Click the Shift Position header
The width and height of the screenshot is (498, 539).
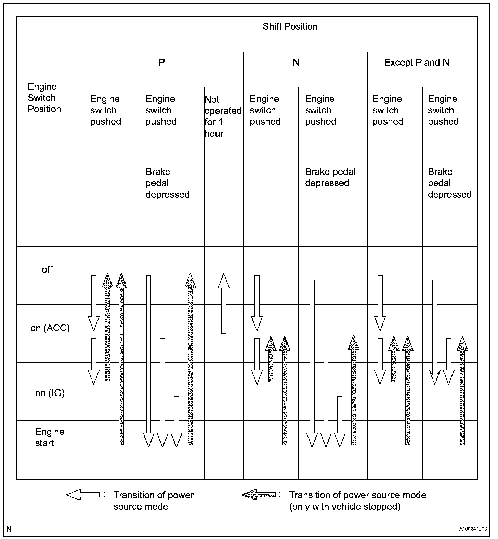tap(290, 27)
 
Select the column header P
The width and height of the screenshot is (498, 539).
tap(162, 63)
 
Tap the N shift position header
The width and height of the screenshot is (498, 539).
tap(296, 63)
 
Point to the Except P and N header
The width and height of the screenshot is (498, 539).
tap(417, 63)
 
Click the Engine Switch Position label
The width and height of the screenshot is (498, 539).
tap(44, 98)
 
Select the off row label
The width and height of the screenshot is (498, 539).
tap(47, 270)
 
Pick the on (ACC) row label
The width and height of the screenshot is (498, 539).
tap(50, 328)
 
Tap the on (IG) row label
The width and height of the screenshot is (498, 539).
tap(50, 393)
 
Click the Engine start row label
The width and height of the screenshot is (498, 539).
tap(50, 438)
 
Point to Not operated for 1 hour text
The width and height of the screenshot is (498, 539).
tap(223, 116)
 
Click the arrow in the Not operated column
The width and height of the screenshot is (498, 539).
tap(224, 303)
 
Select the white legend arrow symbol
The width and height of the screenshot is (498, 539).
tap(83, 495)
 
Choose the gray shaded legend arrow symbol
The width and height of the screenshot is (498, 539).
tap(259, 495)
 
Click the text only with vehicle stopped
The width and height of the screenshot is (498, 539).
tap(344, 507)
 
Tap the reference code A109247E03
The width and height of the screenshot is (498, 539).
tap(473, 529)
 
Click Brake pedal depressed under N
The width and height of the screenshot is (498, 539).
tap(330, 177)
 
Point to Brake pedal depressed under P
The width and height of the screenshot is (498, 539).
tap(167, 183)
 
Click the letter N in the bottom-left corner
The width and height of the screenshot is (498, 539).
tap(9, 529)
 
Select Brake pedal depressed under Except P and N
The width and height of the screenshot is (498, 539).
tap(449, 183)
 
